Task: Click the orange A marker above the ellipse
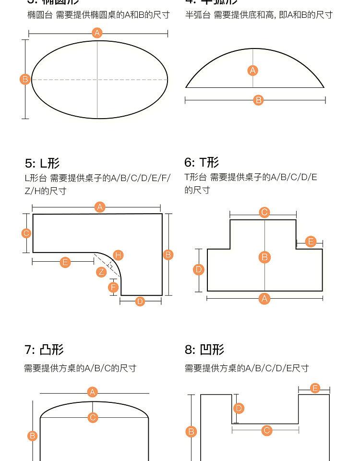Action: tap(97, 33)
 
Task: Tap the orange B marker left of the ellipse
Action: tap(25, 79)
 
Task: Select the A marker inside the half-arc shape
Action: tap(253, 71)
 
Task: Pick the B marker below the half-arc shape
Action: tap(258, 100)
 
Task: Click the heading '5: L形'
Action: tap(42, 163)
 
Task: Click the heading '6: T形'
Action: tap(202, 162)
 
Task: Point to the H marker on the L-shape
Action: tap(118, 255)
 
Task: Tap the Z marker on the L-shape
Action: tap(101, 272)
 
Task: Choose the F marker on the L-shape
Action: tap(113, 287)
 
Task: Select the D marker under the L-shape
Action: tap(140, 301)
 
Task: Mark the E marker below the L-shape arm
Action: tap(65, 262)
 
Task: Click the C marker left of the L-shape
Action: tap(26, 233)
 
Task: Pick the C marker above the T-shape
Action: tap(264, 212)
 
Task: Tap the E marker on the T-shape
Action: tap(311, 242)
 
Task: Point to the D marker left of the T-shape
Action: tap(199, 269)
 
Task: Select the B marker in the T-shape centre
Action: tap(264, 257)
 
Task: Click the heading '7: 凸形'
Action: tap(44, 350)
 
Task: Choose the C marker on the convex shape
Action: tap(93, 417)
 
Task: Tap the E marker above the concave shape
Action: tap(315, 388)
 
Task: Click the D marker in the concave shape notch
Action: tap(239, 408)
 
